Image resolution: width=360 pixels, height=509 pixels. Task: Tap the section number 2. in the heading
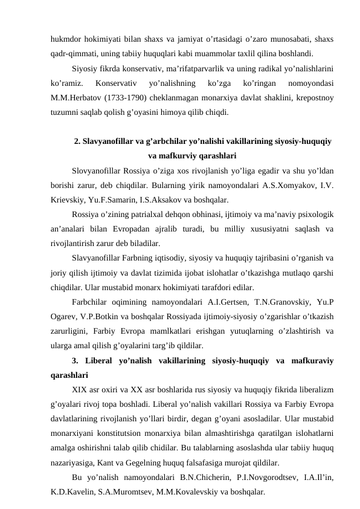pyautogui.click(x=77, y=142)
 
